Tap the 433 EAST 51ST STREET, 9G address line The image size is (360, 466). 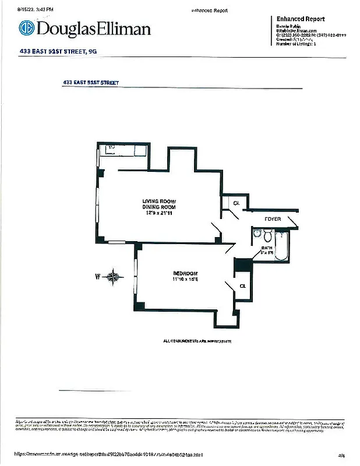point(58,52)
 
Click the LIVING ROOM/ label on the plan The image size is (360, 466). point(158,201)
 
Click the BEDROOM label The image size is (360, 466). point(185,274)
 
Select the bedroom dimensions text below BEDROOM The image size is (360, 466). point(185,280)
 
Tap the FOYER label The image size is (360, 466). point(273,219)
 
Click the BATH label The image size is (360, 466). point(266,248)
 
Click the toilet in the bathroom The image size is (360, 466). point(268,236)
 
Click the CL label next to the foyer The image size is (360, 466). point(236,203)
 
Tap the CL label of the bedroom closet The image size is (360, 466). point(243,286)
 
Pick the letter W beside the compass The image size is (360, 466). point(98,277)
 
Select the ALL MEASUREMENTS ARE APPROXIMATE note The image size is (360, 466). point(197,341)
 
